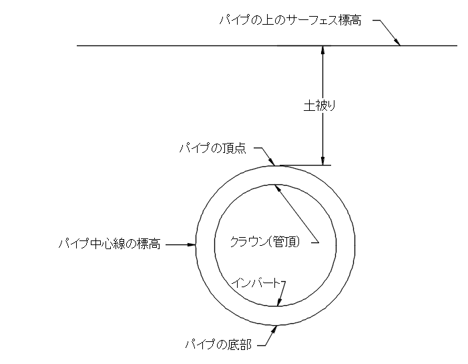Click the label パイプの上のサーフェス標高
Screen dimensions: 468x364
coord(290,21)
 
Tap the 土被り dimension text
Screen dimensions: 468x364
coord(320,106)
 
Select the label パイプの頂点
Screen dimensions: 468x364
coord(212,148)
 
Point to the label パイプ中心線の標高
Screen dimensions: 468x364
coord(109,244)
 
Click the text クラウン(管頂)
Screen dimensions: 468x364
coord(265,242)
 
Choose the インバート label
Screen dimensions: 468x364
coord(256,283)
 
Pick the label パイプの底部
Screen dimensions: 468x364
coord(218,345)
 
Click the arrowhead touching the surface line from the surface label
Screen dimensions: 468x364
coord(397,42)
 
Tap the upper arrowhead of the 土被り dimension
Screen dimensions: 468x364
coord(322,50)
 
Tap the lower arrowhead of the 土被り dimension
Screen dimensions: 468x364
coord(322,161)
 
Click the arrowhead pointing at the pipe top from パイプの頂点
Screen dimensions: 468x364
coord(271,162)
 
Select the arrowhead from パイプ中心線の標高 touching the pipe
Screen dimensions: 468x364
coord(192,245)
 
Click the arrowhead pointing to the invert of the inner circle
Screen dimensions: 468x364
coord(279,302)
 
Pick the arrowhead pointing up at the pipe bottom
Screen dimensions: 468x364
coord(274,329)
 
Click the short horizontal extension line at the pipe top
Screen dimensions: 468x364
coord(305,165)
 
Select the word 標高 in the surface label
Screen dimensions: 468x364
coord(350,21)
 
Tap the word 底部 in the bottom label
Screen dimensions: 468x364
coord(240,345)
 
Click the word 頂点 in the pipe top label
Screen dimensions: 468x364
coord(235,148)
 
